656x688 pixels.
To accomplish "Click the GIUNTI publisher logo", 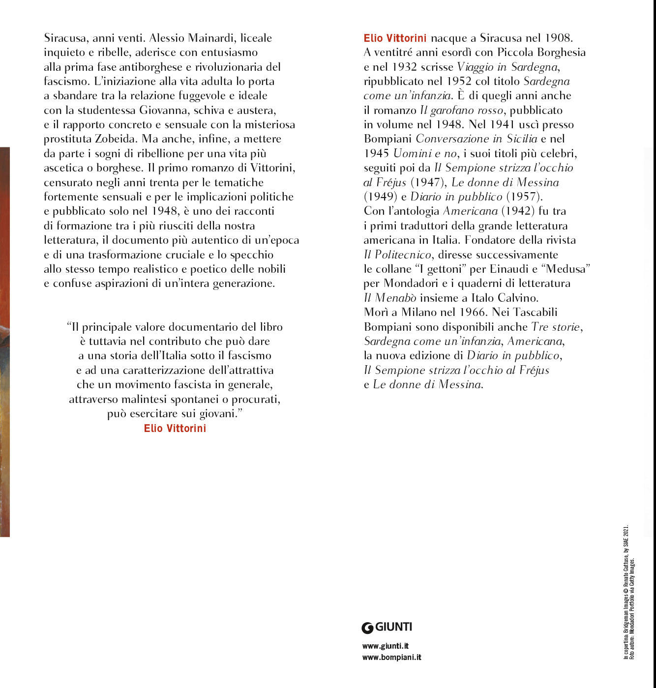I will tap(387, 628).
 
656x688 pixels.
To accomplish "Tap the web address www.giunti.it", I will tap(385, 646).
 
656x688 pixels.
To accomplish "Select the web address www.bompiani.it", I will tap(391, 658).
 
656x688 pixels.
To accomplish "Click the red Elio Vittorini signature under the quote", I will tap(175, 429).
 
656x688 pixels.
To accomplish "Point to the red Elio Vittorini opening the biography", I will tap(395, 38).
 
